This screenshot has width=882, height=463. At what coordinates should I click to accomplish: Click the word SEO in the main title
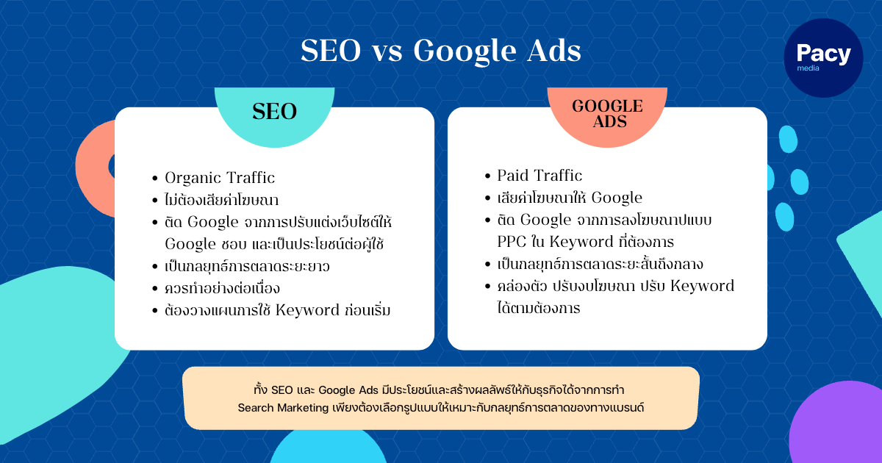(331, 51)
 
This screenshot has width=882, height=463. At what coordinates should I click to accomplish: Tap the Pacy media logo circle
(823, 58)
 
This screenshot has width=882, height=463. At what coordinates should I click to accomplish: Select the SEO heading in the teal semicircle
(274, 112)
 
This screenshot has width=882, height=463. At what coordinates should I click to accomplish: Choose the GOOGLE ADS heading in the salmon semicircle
(607, 114)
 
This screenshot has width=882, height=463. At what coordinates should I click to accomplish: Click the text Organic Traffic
(220, 178)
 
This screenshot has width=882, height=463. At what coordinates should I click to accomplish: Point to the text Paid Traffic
(539, 176)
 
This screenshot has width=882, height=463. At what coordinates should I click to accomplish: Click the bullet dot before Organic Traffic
(155, 179)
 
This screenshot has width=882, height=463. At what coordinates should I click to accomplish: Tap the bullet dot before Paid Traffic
(488, 176)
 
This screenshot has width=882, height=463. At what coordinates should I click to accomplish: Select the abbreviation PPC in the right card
(512, 242)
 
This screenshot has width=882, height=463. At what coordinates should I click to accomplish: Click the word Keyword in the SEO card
(307, 311)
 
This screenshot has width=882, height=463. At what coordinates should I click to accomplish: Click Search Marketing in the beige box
(283, 408)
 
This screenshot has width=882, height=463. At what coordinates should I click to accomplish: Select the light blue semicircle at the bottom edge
(329, 447)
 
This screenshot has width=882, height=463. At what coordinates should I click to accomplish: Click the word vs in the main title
(387, 54)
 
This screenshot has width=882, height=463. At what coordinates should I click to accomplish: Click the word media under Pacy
(808, 68)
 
